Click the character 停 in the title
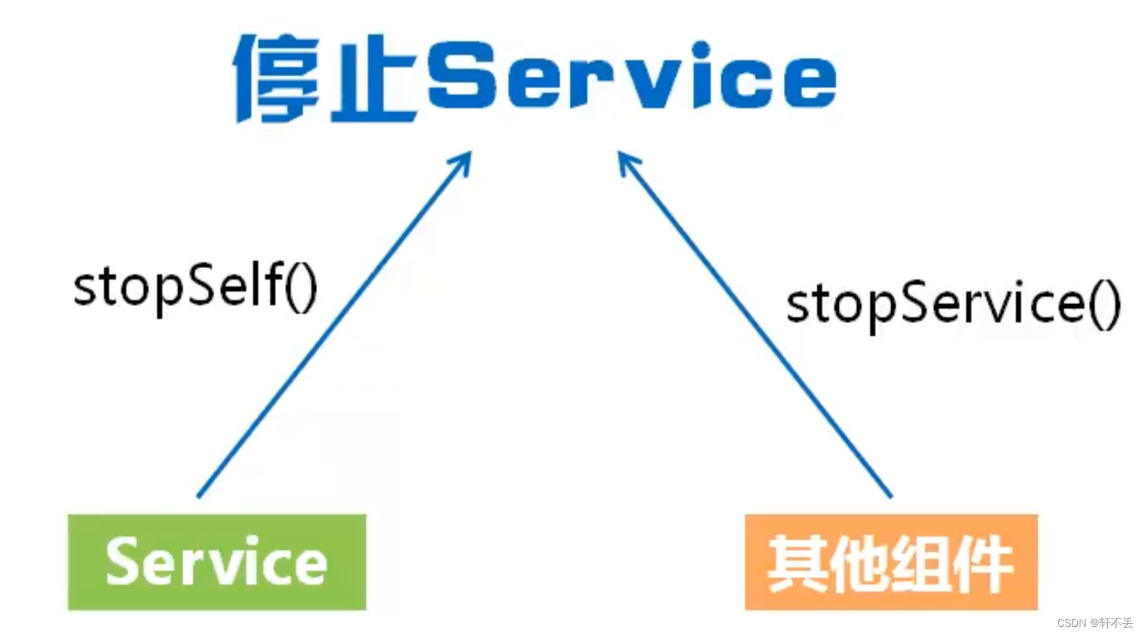pos(278,78)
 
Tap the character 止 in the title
pos(373,79)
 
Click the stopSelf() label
pos(195,286)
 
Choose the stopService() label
pos(953,303)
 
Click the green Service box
pos(217,562)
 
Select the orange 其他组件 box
pos(891,562)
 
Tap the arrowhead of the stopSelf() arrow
pos(465,159)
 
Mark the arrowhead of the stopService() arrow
pos(625,159)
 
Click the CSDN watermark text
pos(1095,622)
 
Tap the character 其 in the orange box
pos(798,564)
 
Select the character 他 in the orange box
pos(859,564)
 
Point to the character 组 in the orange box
pos(920,564)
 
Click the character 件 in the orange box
pos(983,564)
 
